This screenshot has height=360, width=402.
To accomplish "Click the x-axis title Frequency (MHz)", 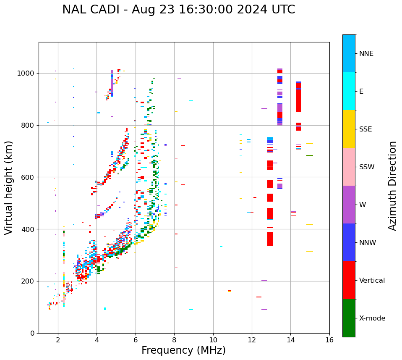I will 183,350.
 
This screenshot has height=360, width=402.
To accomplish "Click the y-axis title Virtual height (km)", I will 9,187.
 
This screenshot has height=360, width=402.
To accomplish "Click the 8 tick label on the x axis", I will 174,340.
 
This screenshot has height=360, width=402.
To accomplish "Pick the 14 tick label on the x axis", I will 290,340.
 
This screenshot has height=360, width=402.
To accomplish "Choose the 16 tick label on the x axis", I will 329,340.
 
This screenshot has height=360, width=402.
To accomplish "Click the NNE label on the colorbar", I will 366,54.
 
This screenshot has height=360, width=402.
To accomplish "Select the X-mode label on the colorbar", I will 372,318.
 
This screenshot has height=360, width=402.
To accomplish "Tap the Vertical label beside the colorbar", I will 372,281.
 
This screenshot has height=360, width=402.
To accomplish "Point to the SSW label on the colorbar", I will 367,167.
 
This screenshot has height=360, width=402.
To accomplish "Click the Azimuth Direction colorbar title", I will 392,186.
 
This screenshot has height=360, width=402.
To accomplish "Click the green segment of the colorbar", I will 349,318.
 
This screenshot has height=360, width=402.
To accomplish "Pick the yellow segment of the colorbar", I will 349,129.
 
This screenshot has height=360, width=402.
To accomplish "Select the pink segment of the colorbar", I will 349,167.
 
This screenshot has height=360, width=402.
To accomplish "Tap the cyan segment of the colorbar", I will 349,91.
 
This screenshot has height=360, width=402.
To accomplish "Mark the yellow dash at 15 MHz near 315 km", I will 310,251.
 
